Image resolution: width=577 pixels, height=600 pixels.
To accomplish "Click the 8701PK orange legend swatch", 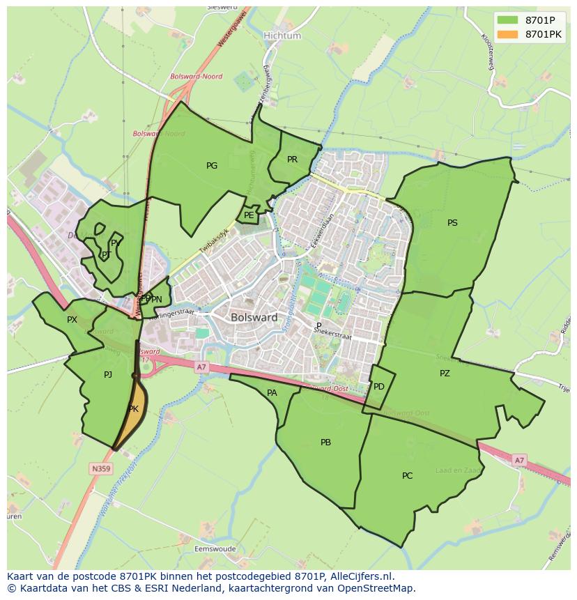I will [x=507, y=33].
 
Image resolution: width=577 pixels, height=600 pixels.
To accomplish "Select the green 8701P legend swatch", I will [x=507, y=20].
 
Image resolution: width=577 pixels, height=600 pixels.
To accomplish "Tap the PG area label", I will [x=212, y=166].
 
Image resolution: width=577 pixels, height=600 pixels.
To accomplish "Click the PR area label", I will [x=293, y=160].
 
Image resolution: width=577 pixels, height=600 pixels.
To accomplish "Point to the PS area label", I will [x=452, y=223].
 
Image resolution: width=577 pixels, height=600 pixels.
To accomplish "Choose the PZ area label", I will [x=445, y=374].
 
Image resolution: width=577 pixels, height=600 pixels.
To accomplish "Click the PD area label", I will [x=379, y=387].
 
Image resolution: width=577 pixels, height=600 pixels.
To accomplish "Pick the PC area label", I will [x=407, y=476].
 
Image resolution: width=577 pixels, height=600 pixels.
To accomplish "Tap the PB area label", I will [x=325, y=443].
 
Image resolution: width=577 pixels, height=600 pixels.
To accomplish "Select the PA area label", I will [x=272, y=393].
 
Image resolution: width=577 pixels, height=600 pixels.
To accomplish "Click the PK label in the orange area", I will [x=134, y=410].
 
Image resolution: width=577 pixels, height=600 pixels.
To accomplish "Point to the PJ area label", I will [x=108, y=375].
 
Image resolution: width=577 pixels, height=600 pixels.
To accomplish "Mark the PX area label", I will [x=72, y=320].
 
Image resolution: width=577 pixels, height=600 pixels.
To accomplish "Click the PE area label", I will [x=249, y=215].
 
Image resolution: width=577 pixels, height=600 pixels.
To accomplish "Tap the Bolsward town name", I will [x=254, y=317].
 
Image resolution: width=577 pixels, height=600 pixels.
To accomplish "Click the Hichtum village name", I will [x=282, y=36].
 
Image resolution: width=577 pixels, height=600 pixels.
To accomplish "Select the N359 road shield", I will [x=100, y=469].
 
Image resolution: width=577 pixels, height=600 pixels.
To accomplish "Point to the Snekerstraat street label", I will [x=333, y=333].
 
